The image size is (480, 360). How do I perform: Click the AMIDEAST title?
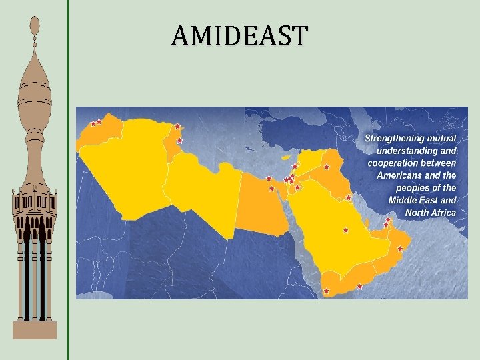(240, 35)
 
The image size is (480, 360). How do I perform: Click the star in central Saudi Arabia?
(345, 231)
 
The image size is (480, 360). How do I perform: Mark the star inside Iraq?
(327, 167)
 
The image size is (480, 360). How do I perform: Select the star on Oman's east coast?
(399, 249)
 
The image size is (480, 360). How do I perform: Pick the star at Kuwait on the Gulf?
(348, 197)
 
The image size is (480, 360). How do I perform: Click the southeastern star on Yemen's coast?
(359, 287)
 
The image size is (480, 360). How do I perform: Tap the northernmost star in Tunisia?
(177, 126)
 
